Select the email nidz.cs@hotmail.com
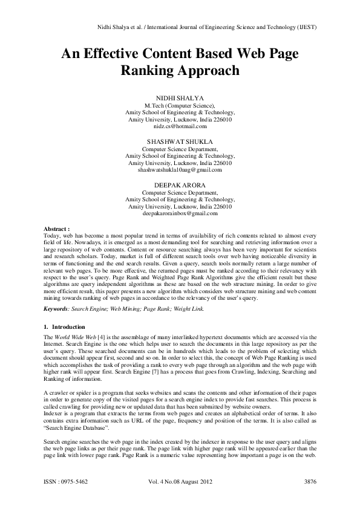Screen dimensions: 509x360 click(180, 126)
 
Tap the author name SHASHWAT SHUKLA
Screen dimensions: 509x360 click(180, 141)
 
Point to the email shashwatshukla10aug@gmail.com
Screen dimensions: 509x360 click(180, 170)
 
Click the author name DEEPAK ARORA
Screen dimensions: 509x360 click(180, 184)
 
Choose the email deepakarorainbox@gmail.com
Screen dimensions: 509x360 click(180, 213)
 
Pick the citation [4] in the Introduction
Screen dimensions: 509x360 click(88, 335)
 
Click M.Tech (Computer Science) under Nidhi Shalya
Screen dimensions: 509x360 click(180, 105)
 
